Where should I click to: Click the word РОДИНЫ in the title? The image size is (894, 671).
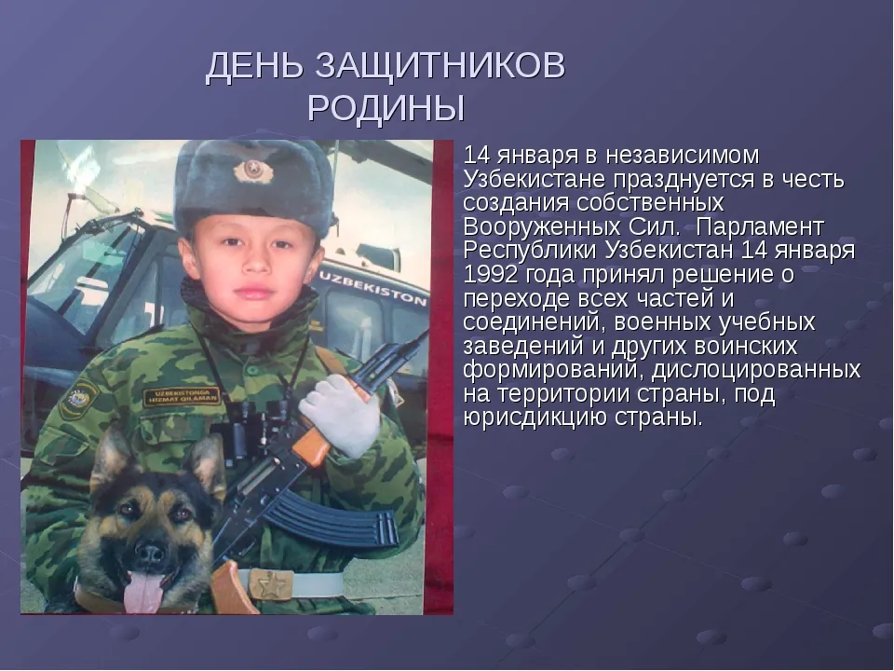[x=386, y=108]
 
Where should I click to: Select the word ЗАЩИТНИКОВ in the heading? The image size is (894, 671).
[x=440, y=65]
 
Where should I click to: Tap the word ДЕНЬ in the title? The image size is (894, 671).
[x=255, y=66]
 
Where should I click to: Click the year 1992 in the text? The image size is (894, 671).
[x=491, y=274]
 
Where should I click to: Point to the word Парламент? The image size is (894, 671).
[x=760, y=227]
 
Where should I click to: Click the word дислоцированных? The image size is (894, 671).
[x=756, y=370]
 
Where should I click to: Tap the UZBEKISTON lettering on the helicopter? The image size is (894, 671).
[x=373, y=287]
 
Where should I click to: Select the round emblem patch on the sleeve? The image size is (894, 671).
[x=80, y=396]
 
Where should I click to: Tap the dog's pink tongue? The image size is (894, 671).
[x=143, y=591]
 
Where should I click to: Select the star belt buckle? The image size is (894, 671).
[x=269, y=584]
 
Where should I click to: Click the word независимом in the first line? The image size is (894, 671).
[x=683, y=156]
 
